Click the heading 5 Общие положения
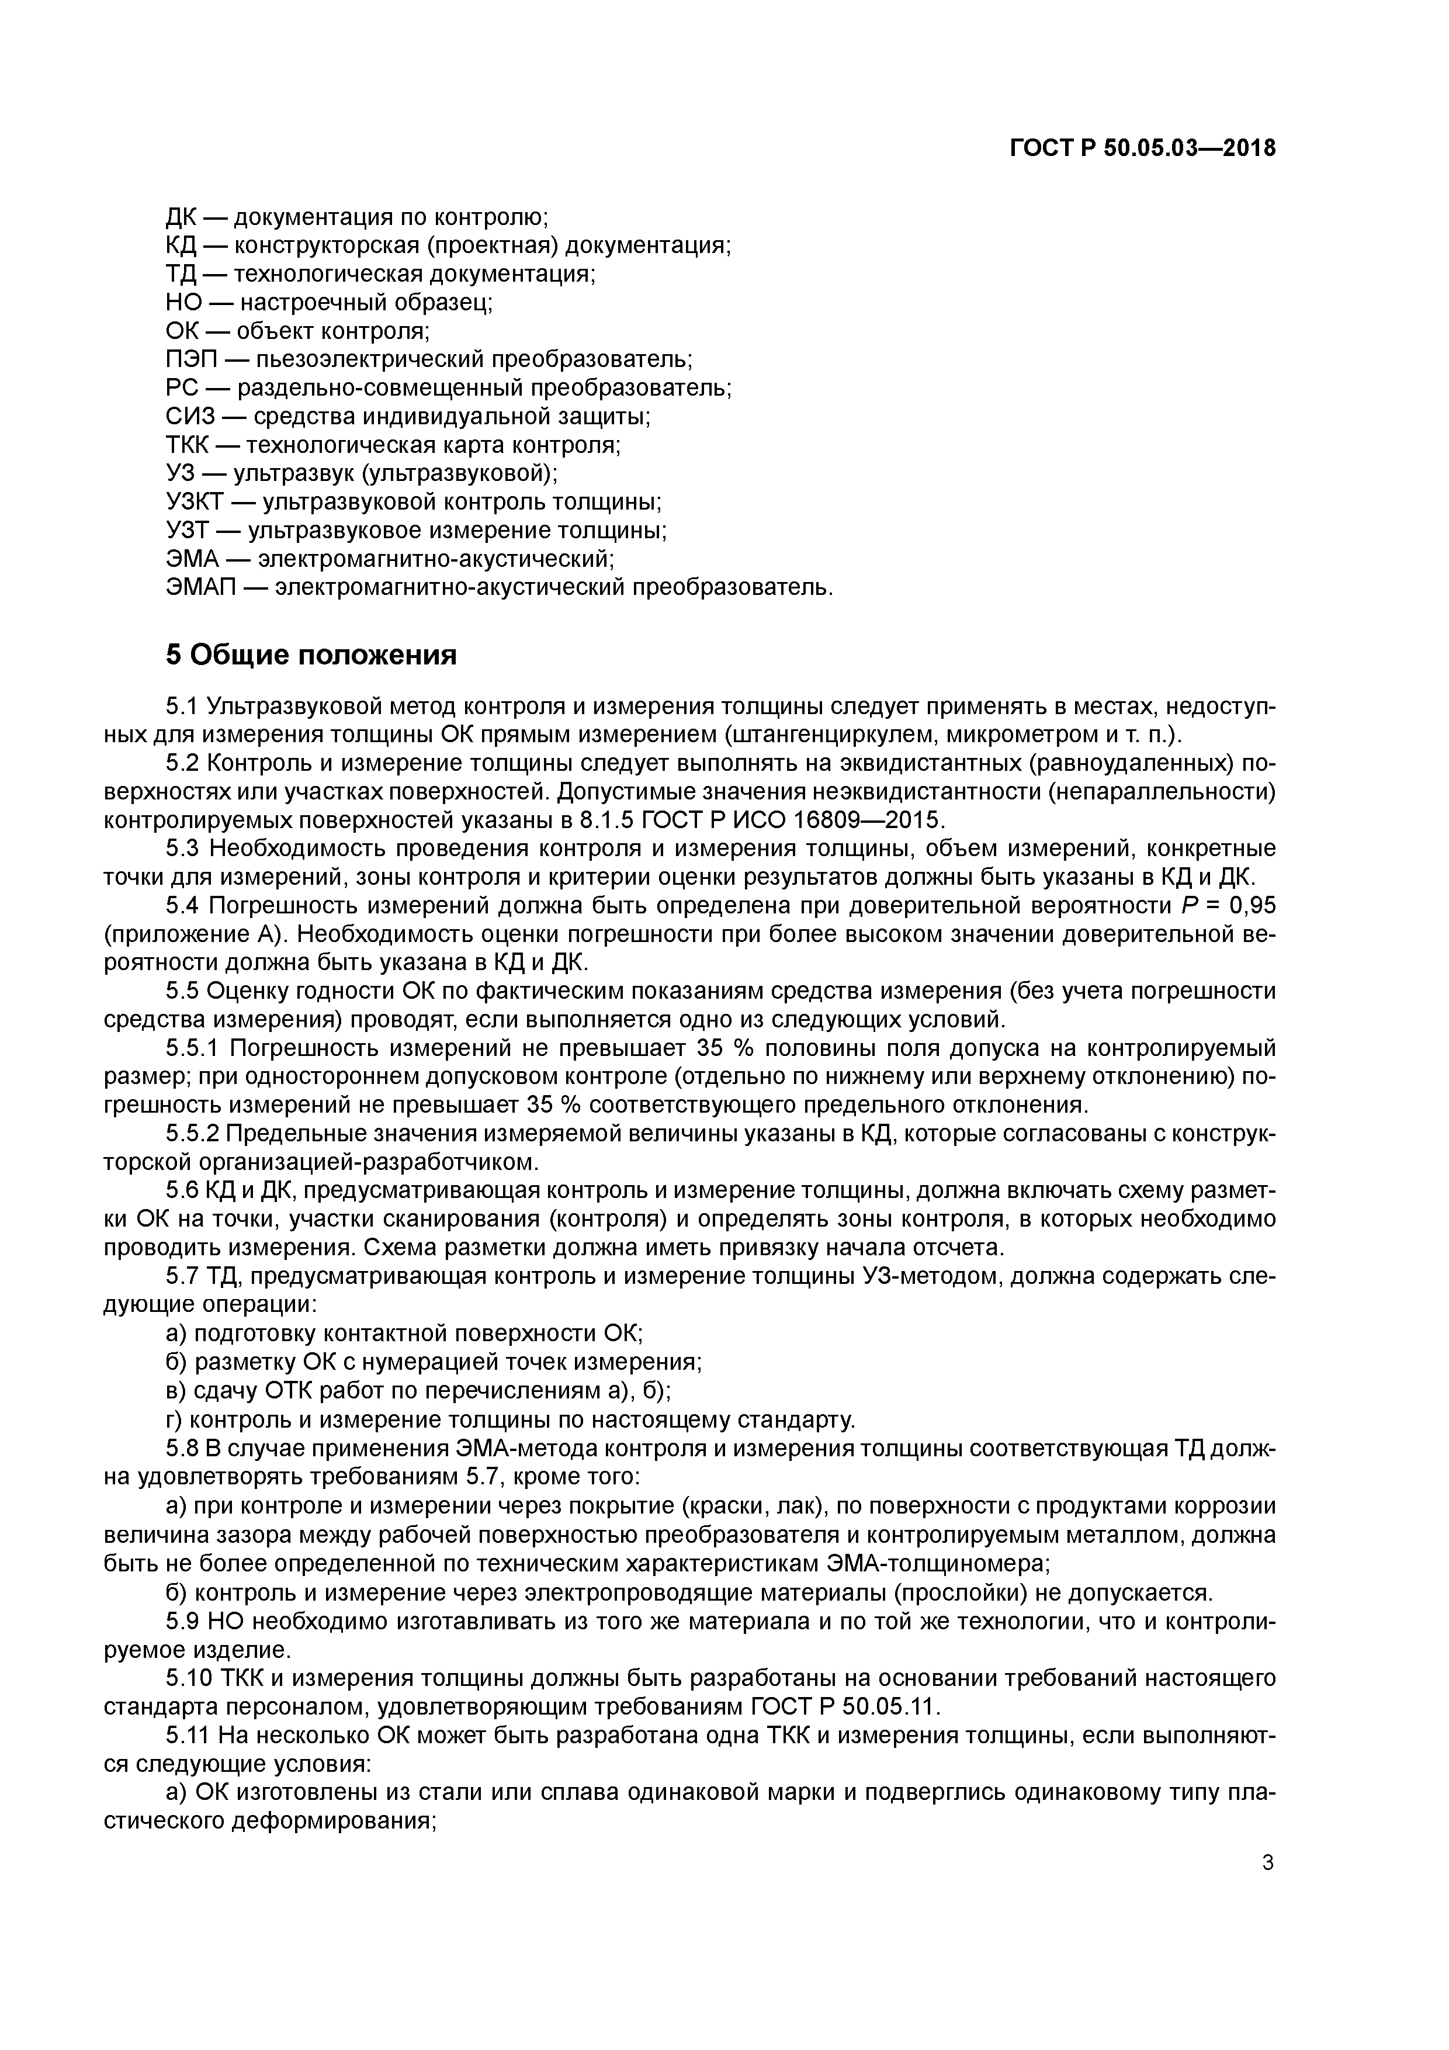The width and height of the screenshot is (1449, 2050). [x=311, y=655]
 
